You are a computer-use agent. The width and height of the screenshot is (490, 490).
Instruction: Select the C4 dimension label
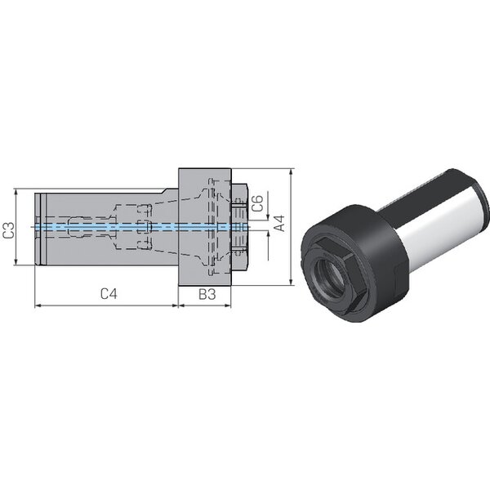point(109,294)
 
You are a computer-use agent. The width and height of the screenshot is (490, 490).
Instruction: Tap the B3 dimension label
point(207,294)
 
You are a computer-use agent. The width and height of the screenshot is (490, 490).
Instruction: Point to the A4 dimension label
point(279,223)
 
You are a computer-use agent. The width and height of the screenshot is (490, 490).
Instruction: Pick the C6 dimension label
point(257,203)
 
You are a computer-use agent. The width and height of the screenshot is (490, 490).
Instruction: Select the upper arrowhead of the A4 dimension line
point(291,171)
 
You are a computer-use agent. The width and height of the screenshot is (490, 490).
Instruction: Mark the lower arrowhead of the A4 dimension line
point(291,283)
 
